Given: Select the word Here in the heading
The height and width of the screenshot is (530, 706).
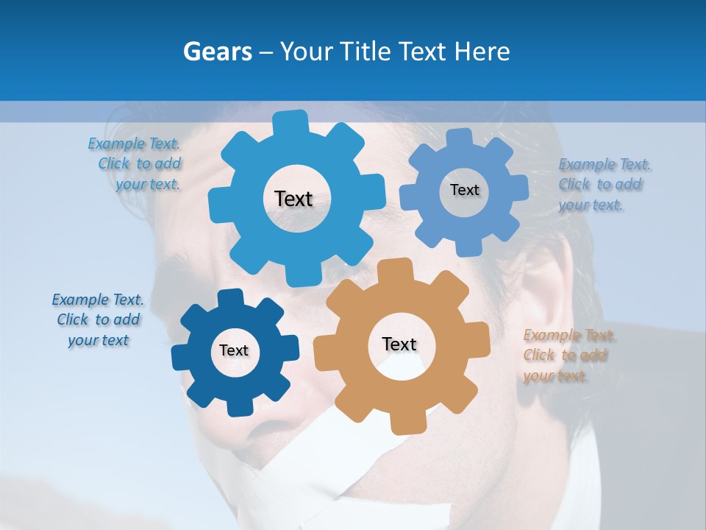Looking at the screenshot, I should [x=482, y=52].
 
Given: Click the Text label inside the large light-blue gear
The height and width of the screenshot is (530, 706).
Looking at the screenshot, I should [x=293, y=199].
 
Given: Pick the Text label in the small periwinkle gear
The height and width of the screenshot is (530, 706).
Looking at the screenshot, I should [x=464, y=190].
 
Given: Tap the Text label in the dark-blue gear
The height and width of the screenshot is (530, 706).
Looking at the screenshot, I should [x=234, y=351].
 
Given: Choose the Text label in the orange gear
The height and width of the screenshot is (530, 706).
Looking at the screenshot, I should [x=399, y=344].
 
